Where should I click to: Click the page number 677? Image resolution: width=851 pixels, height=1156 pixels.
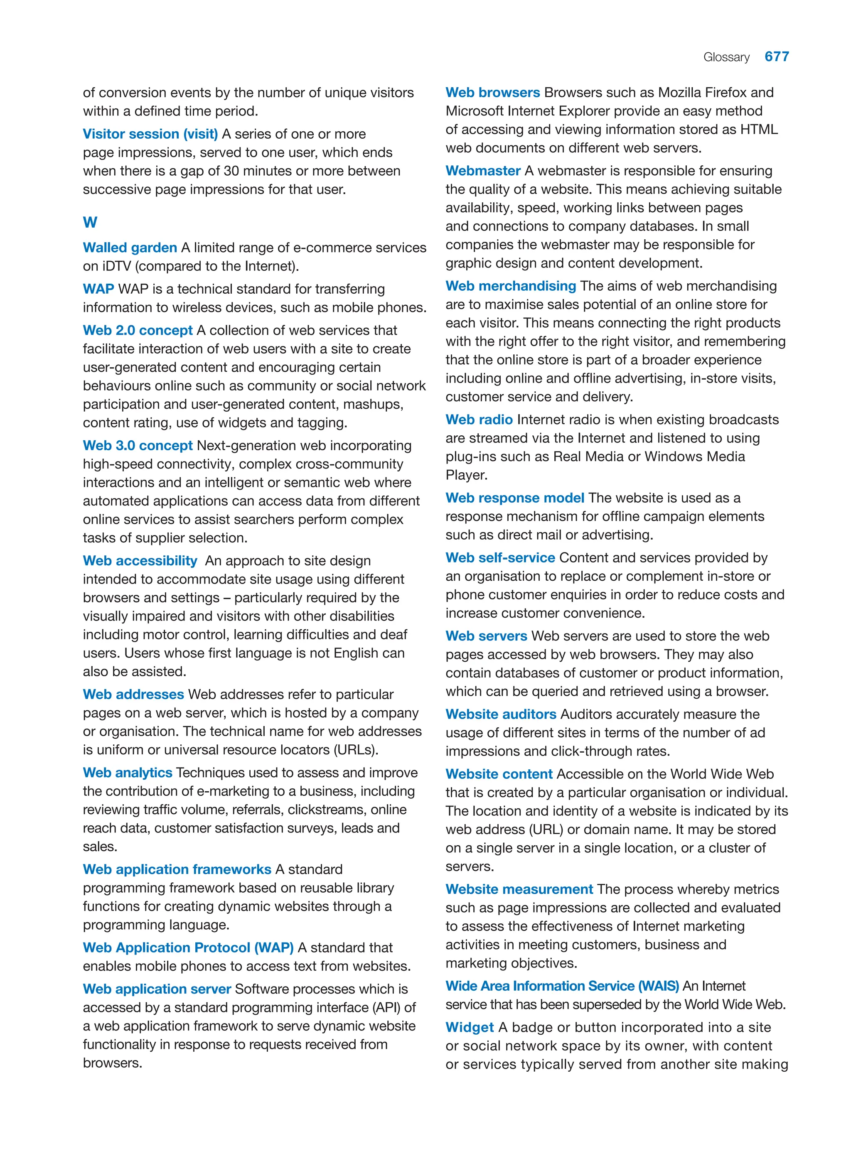[x=776, y=56]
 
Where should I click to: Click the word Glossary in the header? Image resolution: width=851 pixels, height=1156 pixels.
[x=726, y=57]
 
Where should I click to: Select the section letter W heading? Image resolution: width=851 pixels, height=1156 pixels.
[x=90, y=223]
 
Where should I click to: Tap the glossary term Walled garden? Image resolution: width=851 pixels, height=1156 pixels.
[x=130, y=248]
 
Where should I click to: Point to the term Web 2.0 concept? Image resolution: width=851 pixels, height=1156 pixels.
[x=138, y=330]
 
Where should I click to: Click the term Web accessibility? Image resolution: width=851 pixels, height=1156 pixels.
[x=140, y=561]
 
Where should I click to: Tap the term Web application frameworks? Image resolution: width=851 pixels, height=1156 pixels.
[x=177, y=869]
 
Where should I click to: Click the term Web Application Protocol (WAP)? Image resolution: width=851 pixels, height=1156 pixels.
[x=188, y=947]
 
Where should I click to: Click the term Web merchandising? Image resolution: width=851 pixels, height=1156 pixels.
[x=511, y=286]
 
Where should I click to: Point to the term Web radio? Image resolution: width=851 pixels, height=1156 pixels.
[x=479, y=420]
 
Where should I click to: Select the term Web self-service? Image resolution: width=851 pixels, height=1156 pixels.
[x=500, y=558]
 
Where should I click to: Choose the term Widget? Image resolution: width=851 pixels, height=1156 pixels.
[x=469, y=1027]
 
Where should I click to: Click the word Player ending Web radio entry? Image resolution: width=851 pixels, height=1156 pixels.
[x=465, y=475]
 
